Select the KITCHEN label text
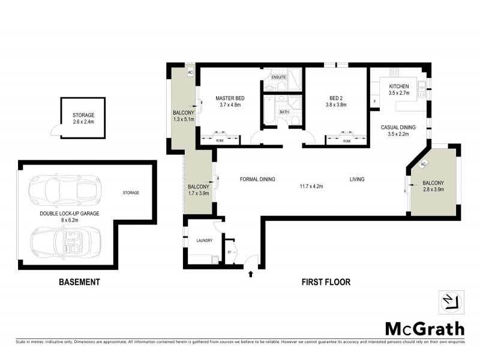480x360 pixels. [399, 87]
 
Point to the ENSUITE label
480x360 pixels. [278, 78]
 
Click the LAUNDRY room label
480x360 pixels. [205, 241]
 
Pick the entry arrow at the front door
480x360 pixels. [251, 275]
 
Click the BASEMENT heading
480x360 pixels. [79, 282]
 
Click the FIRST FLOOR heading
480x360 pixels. [325, 282]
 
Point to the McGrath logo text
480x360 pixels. [424, 328]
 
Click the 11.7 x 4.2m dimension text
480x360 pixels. [311, 187]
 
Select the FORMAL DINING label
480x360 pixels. [257, 179]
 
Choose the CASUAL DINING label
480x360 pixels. [398, 127]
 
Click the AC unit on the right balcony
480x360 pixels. [423, 164]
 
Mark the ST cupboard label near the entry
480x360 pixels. [229, 252]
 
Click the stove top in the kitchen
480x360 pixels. [394, 73]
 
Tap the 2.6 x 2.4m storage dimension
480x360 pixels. [83, 122]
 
